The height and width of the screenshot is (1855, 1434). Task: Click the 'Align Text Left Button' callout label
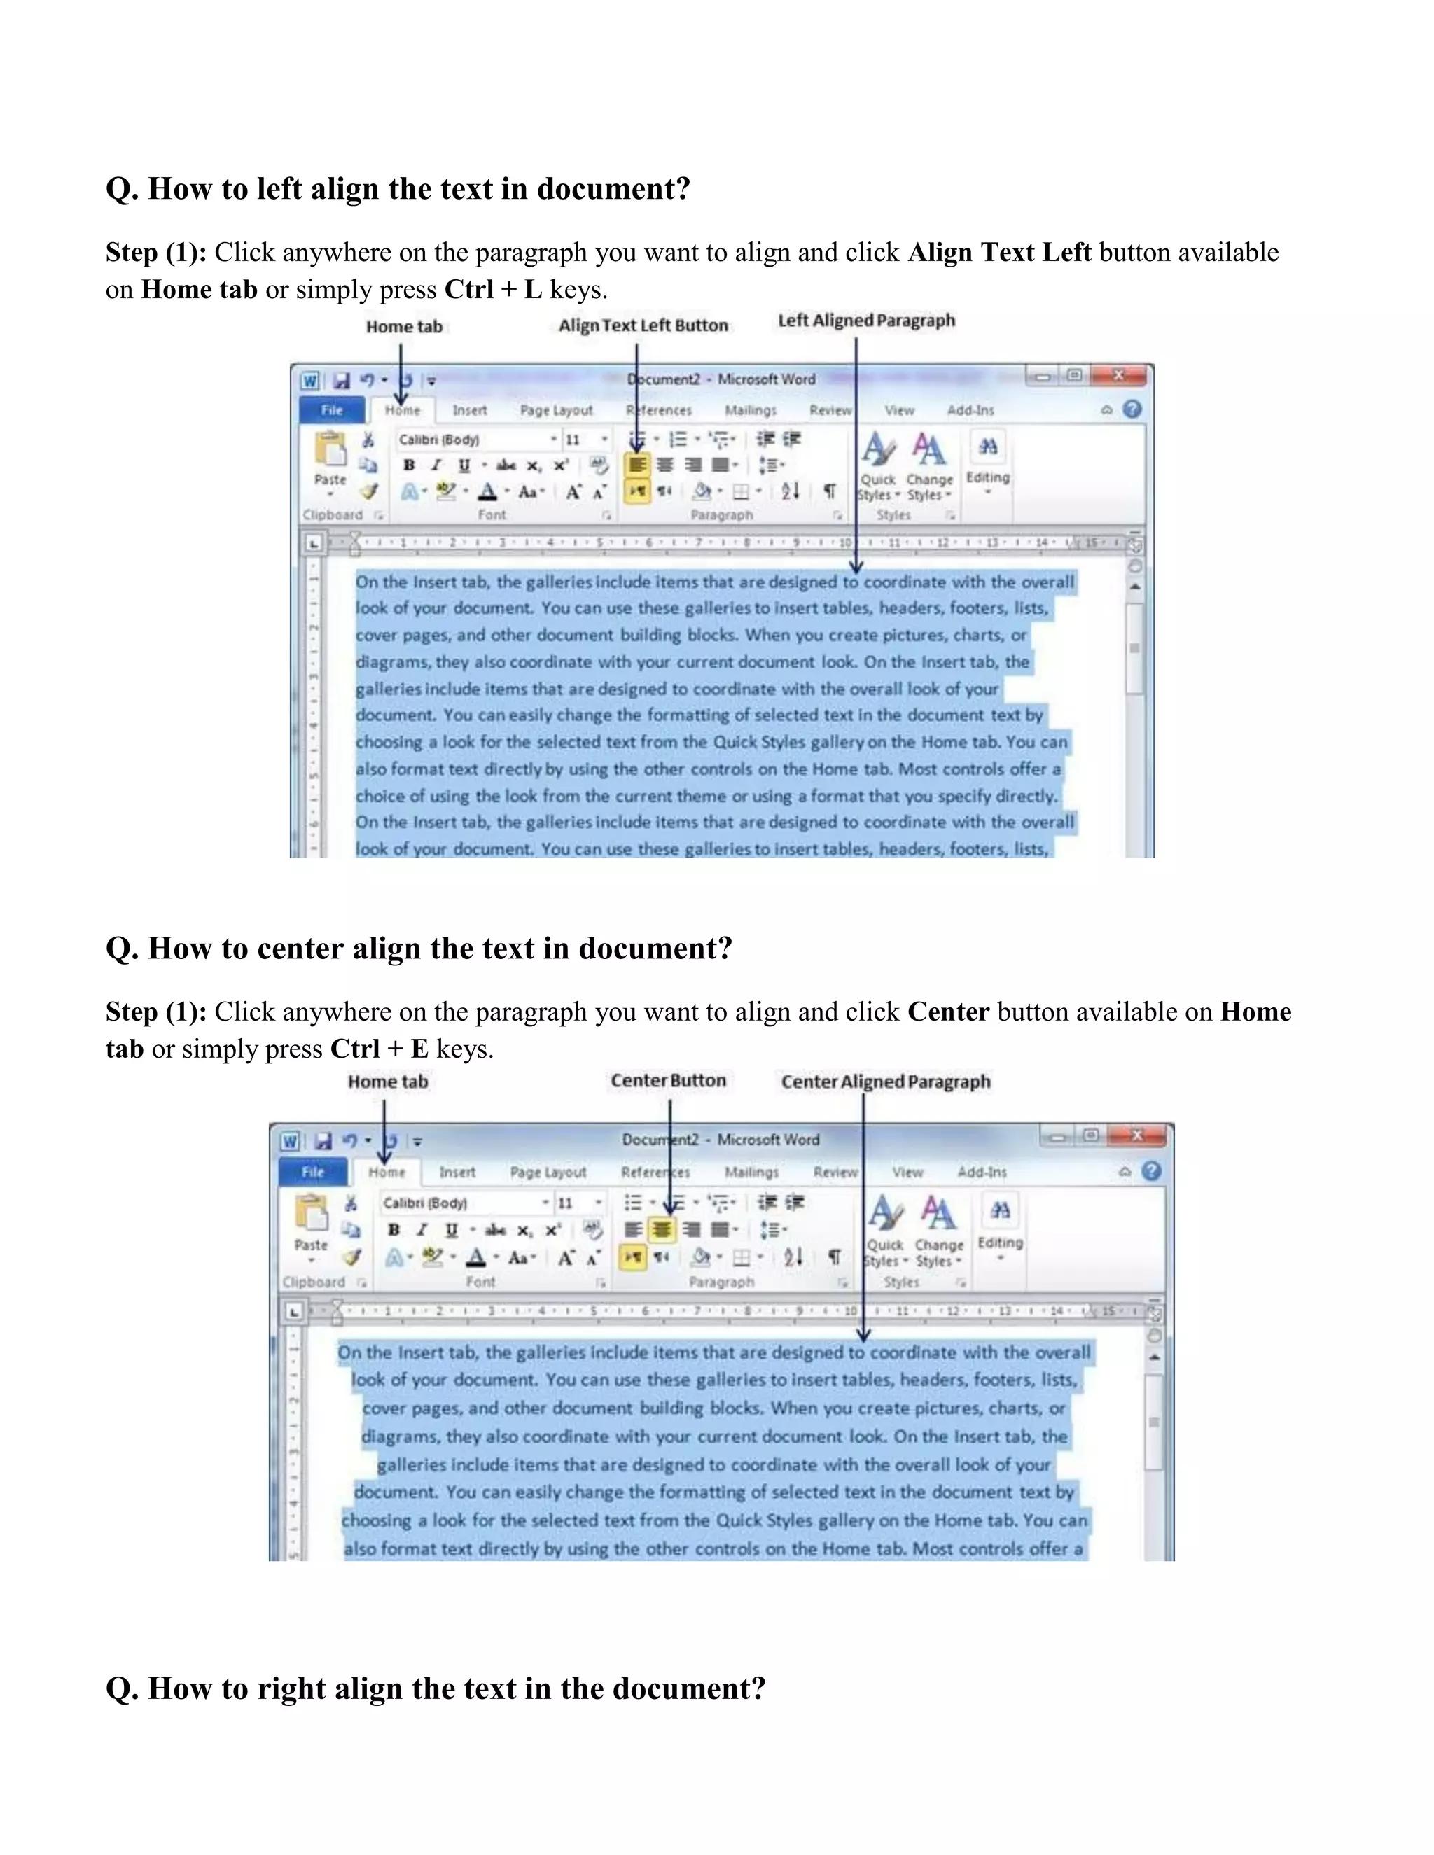pyautogui.click(x=642, y=325)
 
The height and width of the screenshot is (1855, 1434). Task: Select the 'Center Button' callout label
pyautogui.click(x=668, y=1080)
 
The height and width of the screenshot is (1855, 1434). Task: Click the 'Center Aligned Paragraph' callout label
pyautogui.click(x=885, y=1081)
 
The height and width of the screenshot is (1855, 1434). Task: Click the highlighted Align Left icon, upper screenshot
pyautogui.click(x=637, y=465)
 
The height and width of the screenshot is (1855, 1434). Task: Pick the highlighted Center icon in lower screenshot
pyautogui.click(x=661, y=1229)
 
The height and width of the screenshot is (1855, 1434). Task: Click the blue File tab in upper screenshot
pyautogui.click(x=331, y=410)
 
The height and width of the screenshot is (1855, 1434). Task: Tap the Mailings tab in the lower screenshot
pyautogui.click(x=751, y=1172)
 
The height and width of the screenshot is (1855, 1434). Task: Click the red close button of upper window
pyautogui.click(x=1119, y=375)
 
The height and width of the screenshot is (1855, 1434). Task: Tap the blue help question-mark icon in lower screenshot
pyautogui.click(x=1151, y=1171)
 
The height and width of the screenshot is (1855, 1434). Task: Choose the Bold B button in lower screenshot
pyautogui.click(x=394, y=1230)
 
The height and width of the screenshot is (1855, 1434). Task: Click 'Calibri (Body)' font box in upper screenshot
pyautogui.click(x=471, y=439)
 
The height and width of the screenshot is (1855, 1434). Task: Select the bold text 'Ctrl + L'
pyautogui.click(x=493, y=290)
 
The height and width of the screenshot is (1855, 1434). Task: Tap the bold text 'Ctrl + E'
pyautogui.click(x=379, y=1049)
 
